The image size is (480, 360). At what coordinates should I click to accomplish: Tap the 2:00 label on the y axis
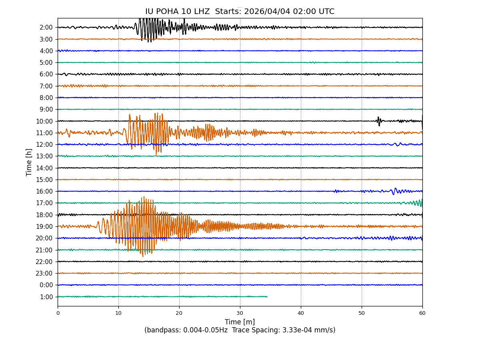[x=46, y=28]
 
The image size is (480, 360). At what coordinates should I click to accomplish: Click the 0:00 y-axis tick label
[x=46, y=285]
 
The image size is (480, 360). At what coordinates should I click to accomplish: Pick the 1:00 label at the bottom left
[x=46, y=297]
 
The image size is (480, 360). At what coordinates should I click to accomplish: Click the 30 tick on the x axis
[x=240, y=313]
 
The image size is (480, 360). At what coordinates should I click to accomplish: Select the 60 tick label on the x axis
[x=422, y=313]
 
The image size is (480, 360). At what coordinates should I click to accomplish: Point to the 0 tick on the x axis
[x=58, y=313]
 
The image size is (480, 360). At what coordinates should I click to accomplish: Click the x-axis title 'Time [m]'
[x=240, y=322]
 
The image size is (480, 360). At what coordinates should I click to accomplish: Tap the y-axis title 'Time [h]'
[x=29, y=162]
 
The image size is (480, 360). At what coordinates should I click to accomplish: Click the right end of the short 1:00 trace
[x=267, y=297]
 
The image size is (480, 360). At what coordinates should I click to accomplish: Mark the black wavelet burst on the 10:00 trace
[x=379, y=120]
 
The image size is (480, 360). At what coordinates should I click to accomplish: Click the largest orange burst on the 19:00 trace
[x=142, y=226]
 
